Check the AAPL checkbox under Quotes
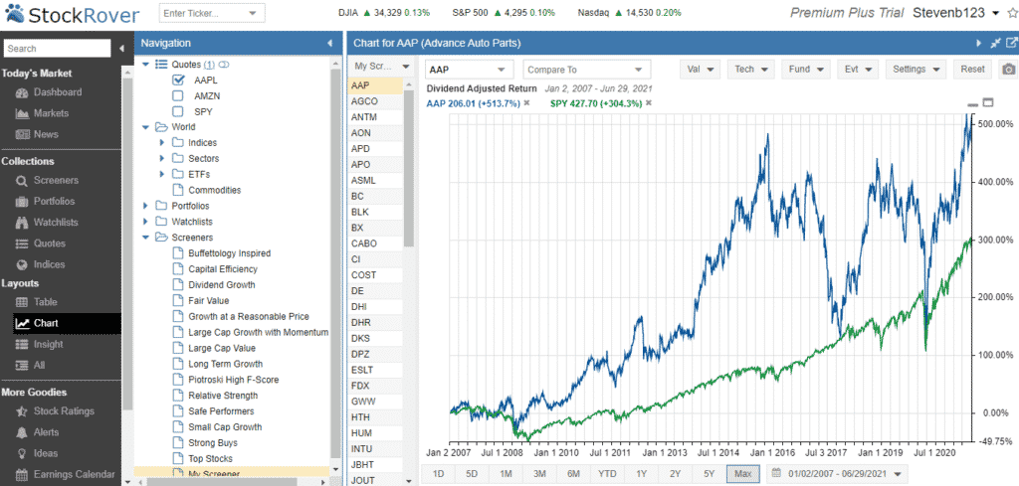(178, 80)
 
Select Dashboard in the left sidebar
(57, 92)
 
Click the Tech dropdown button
(750, 70)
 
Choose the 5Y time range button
(709, 474)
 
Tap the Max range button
(742, 474)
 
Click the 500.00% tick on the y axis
(996, 124)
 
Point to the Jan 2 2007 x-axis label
(450, 451)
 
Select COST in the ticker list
(363, 274)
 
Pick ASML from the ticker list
(364, 180)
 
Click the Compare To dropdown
(587, 70)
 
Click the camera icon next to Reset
(1008, 70)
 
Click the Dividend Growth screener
(221, 284)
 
